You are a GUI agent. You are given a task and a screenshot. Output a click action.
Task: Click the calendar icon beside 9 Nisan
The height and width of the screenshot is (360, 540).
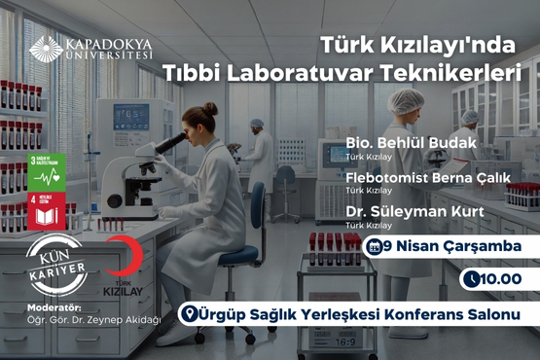pos(375,246)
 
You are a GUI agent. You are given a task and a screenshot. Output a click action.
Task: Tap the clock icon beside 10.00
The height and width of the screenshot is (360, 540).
pos(472,279)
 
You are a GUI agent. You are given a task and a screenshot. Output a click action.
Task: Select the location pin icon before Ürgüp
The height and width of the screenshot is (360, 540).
pos(191,314)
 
